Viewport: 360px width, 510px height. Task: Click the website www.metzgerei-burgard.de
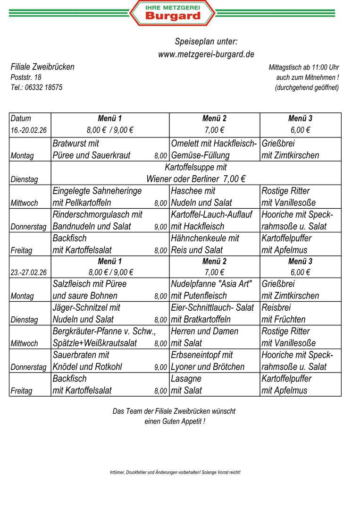206,54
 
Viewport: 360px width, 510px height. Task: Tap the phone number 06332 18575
36,87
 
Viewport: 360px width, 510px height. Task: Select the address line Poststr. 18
26,77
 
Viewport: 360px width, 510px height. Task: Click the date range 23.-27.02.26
29,272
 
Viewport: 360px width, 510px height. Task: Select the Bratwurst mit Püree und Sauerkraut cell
109,149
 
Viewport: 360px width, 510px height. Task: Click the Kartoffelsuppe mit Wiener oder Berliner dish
196,173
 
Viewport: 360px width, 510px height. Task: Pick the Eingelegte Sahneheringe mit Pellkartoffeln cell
109,197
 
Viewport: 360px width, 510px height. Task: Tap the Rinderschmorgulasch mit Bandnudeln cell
109,221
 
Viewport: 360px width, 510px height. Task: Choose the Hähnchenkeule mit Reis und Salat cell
214,244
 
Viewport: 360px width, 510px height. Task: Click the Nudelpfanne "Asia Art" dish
214,290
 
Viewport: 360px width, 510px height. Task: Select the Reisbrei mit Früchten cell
300,314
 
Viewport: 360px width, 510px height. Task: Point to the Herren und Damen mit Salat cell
214,337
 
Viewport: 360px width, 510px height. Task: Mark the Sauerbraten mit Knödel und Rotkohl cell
109,361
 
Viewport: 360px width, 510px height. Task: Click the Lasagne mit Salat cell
214,384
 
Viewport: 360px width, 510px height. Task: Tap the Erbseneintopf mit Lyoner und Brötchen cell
214,361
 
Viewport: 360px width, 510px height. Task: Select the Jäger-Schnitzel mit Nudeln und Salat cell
109,314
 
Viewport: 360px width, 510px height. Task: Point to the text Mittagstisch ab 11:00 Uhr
304,68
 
